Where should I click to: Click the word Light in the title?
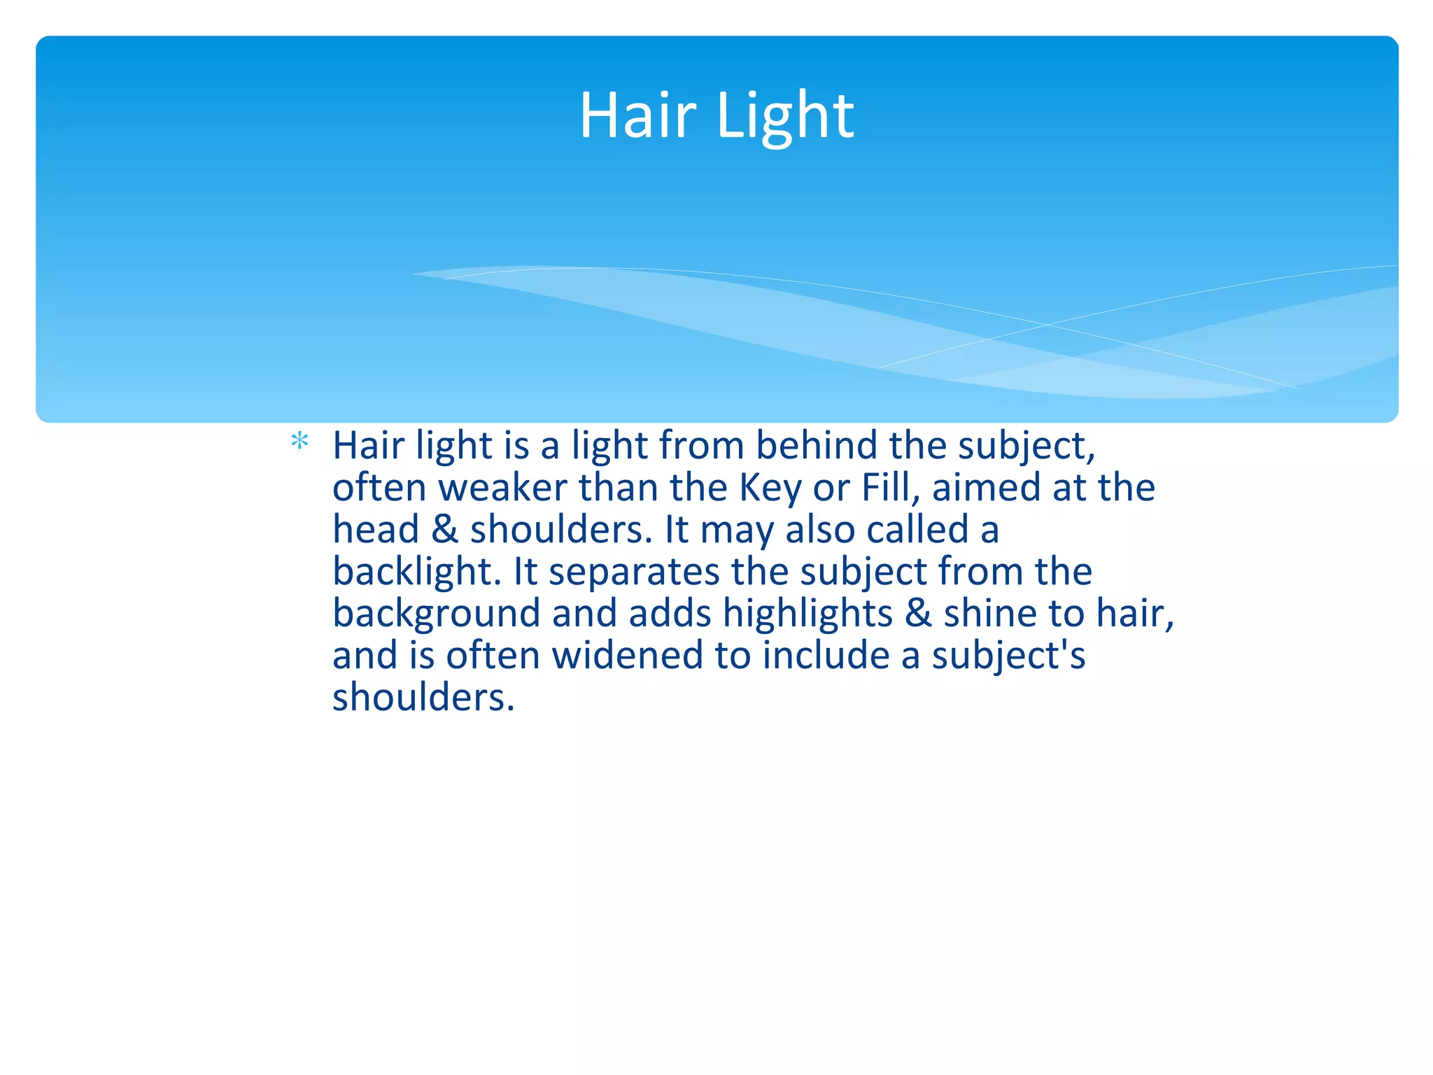click(785, 115)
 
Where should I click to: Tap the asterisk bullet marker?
click(299, 442)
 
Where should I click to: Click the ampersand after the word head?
click(444, 529)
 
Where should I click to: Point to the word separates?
click(634, 571)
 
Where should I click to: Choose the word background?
click(436, 613)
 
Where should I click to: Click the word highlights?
click(807, 613)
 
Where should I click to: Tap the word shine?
click(990, 613)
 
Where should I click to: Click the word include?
click(826, 655)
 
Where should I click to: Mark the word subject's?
click(1008, 655)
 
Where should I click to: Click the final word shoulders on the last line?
click(423, 697)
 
